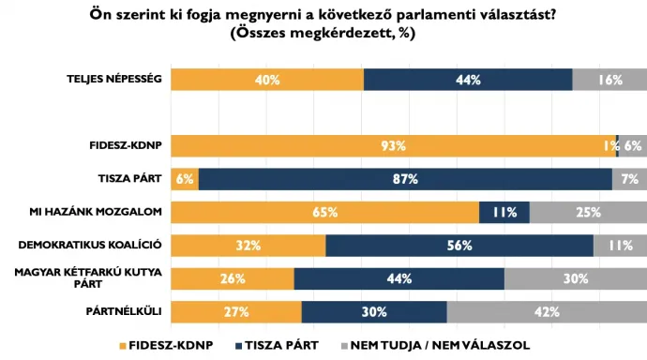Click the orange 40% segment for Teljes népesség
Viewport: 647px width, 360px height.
pyautogui.click(x=266, y=80)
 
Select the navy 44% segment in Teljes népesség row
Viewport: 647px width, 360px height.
pyautogui.click(x=468, y=80)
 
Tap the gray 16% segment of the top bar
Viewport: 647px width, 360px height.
pyautogui.click(x=609, y=80)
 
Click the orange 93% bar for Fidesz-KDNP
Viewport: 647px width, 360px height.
pyautogui.click(x=393, y=145)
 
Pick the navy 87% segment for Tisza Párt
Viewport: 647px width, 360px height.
pyautogui.click(x=405, y=179)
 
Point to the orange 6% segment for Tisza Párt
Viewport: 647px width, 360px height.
pyautogui.click(x=184, y=179)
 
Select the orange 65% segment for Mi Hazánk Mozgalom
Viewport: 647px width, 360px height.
pyautogui.click(x=324, y=212)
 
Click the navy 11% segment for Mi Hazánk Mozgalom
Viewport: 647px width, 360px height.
pyautogui.click(x=504, y=212)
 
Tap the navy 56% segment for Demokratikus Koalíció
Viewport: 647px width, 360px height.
pyautogui.click(x=459, y=246)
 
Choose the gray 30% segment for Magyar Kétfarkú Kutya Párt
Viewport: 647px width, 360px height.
pyautogui.click(x=575, y=278)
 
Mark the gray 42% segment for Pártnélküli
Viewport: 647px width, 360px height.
pyautogui.click(x=547, y=311)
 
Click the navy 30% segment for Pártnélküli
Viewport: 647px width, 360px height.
pyautogui.click(x=374, y=311)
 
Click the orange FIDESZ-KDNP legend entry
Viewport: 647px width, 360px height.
pyautogui.click(x=166, y=345)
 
